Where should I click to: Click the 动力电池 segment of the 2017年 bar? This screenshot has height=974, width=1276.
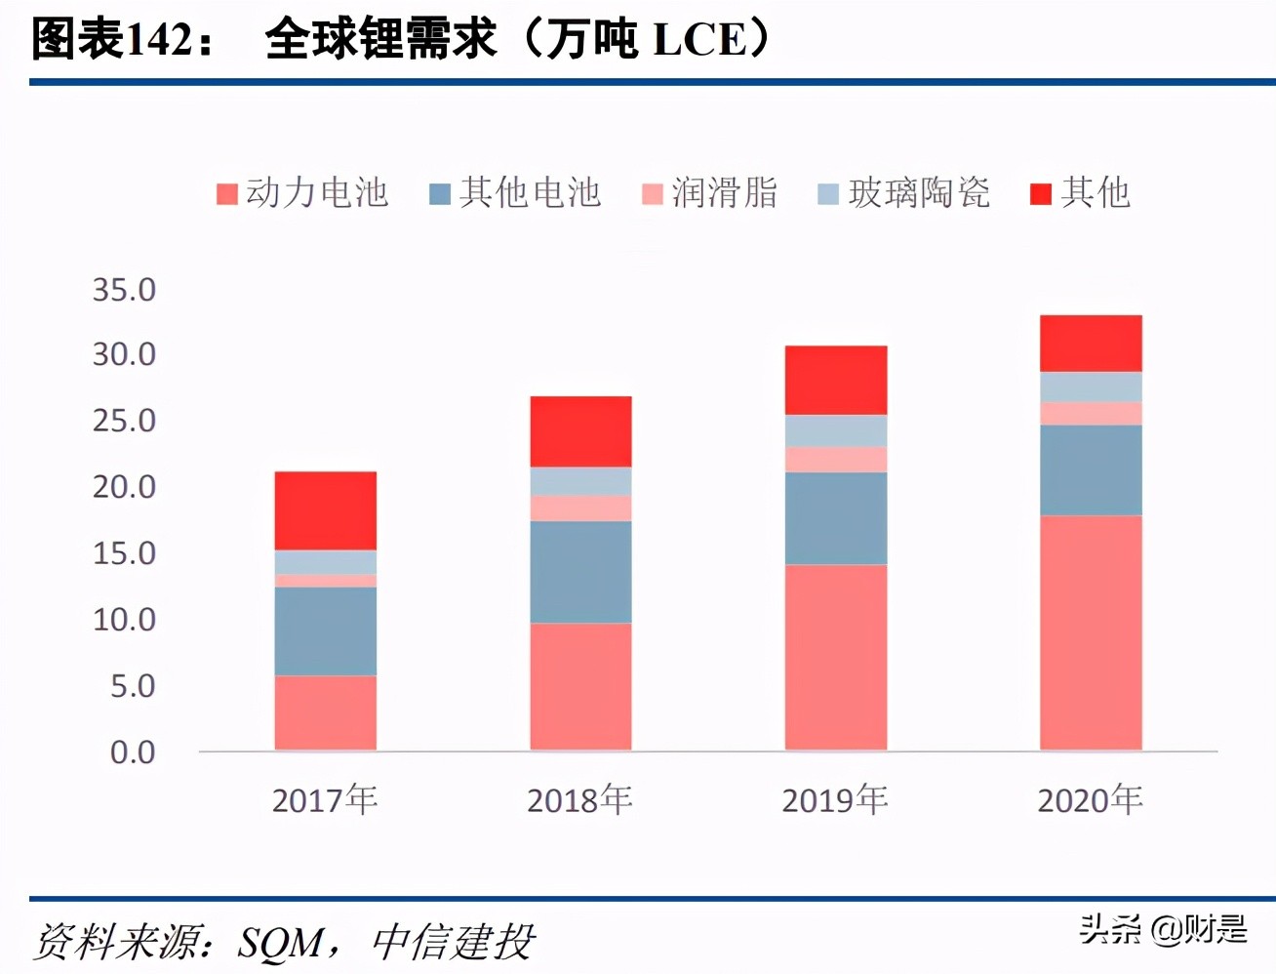coord(325,712)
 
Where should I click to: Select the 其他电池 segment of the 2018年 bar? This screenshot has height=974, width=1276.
coord(580,572)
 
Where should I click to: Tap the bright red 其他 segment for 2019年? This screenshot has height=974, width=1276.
coord(836,380)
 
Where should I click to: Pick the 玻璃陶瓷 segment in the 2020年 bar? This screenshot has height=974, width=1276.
coord(1091,387)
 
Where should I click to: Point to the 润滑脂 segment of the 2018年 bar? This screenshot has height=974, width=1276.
coord(580,507)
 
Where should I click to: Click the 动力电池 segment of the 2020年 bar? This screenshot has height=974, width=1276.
coord(1091,632)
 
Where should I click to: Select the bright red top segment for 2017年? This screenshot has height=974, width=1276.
coord(325,510)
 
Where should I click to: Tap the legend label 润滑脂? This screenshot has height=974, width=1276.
coord(724,193)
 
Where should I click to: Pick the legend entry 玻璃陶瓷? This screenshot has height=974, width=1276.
coord(918,193)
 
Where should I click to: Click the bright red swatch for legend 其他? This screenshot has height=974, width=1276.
coord(1041,193)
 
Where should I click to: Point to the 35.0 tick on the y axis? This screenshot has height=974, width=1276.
coord(124,290)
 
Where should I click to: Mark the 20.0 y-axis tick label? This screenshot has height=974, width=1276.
coord(124,487)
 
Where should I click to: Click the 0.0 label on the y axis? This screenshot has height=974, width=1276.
coord(132,752)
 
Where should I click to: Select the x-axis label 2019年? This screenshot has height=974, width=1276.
coord(835,800)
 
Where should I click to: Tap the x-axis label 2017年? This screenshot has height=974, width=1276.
coord(325,800)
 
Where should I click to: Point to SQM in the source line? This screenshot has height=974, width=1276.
coord(281,943)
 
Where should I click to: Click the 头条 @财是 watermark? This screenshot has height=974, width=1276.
coord(1163,929)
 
